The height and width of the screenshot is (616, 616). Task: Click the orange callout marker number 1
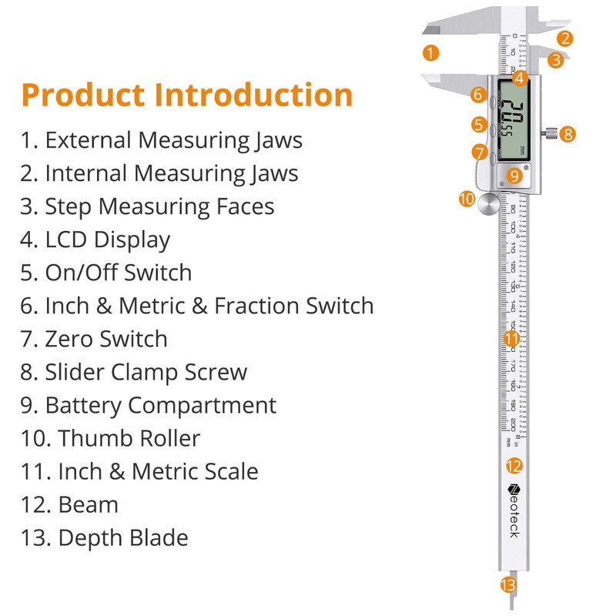coord(431,53)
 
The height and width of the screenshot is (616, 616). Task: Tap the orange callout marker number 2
coord(565,38)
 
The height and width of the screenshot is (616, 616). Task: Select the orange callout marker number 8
coord(567,133)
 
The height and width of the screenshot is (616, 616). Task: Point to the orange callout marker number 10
coord(467,199)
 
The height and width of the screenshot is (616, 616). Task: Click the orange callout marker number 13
coord(507,585)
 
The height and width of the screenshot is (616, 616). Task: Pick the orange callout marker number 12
coord(514,465)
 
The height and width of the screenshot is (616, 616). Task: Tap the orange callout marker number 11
coord(512,337)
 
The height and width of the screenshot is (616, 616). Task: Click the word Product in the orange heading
coord(82,95)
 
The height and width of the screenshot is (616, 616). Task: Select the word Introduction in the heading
coord(254,95)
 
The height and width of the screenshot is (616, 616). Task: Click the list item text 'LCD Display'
coord(107,239)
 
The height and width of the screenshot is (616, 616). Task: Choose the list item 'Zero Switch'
coord(105,339)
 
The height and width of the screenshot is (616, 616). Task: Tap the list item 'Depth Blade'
coord(122,537)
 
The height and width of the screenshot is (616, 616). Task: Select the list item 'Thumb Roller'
coord(129,438)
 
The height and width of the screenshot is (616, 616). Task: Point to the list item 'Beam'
coord(88,504)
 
